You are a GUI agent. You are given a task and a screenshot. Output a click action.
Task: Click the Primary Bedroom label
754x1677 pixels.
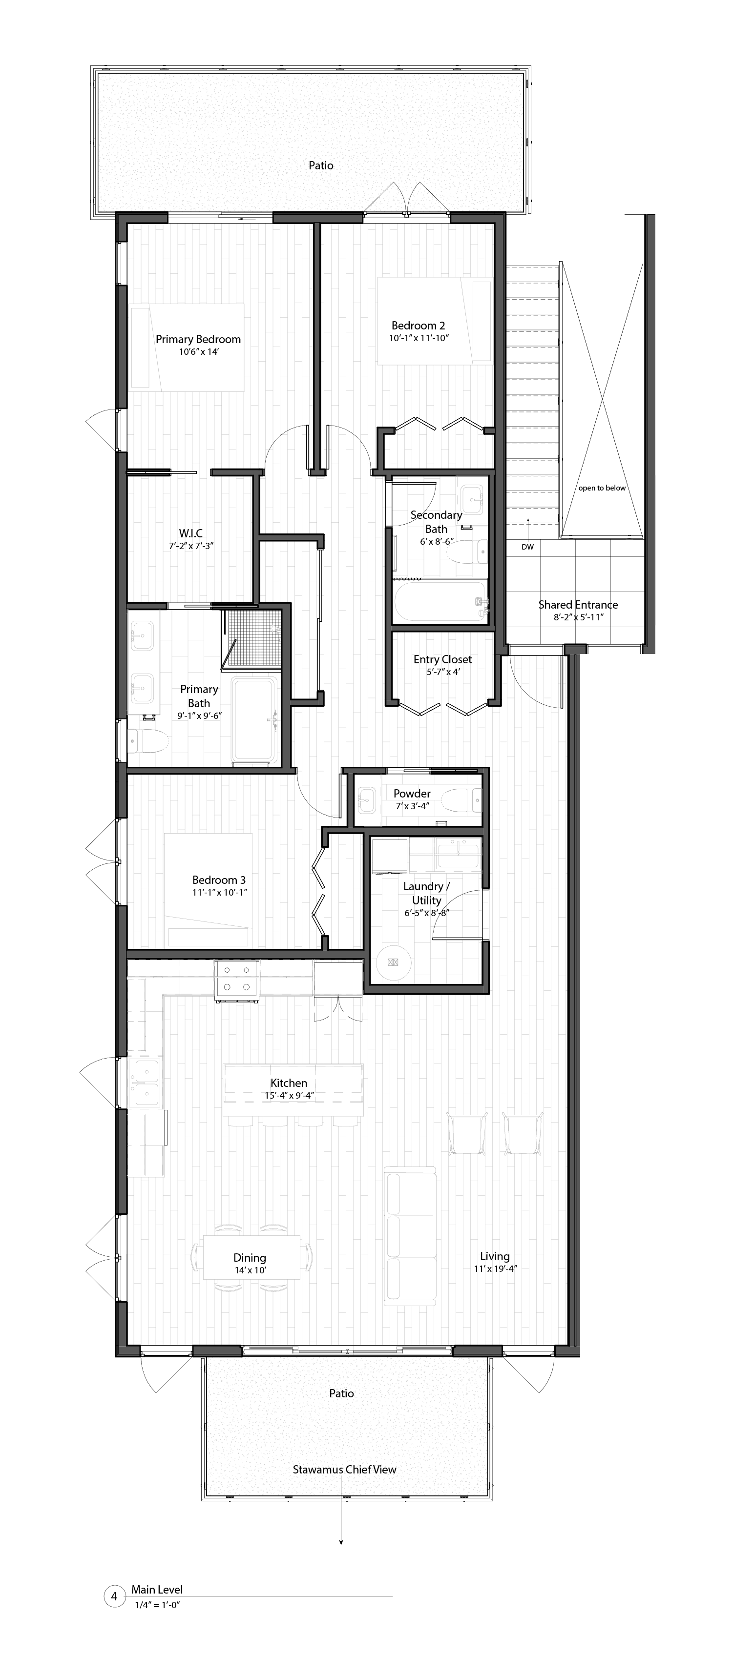click(198, 339)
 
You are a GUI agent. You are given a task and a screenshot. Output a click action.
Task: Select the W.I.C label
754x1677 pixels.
click(191, 533)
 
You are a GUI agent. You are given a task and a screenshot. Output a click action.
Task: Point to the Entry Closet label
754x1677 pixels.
click(443, 659)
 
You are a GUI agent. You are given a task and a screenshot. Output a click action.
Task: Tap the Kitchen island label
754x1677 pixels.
click(289, 1083)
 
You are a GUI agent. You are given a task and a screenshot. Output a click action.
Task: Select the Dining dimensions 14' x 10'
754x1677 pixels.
click(250, 1270)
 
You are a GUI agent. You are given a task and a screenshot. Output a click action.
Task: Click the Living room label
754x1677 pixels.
click(495, 1256)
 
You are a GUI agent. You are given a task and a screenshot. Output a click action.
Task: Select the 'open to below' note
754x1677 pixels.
click(602, 488)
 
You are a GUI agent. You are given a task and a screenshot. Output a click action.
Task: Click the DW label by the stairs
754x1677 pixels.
click(527, 547)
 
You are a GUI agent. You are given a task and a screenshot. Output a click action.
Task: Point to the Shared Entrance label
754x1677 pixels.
click(578, 605)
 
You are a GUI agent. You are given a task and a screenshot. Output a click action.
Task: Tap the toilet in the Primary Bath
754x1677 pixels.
click(147, 741)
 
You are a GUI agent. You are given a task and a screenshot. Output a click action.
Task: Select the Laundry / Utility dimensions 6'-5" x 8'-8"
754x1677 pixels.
click(426, 913)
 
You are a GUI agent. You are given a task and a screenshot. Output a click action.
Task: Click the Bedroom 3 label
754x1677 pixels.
click(219, 880)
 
